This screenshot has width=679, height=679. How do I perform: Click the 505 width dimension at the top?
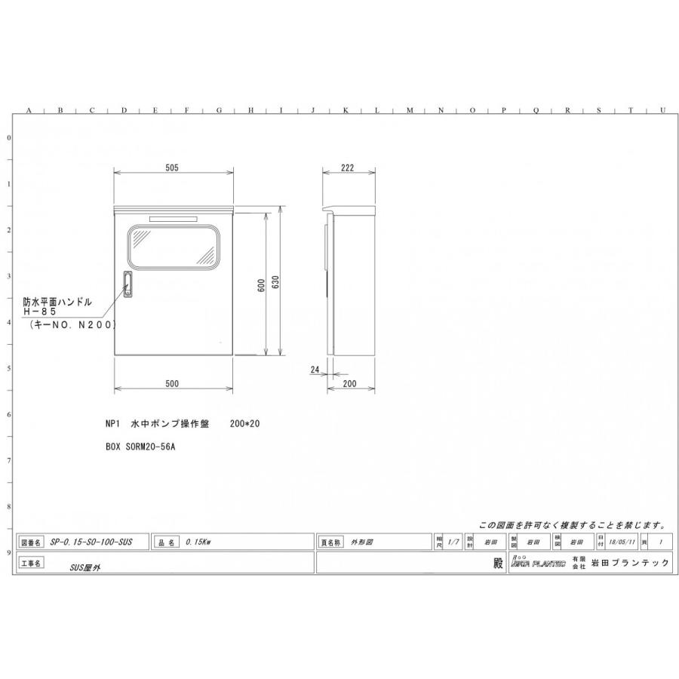[x=172, y=168]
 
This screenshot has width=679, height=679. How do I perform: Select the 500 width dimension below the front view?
[x=172, y=384]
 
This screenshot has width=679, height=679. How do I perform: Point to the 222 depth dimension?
[x=347, y=168]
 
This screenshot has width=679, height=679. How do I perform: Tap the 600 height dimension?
[x=260, y=285]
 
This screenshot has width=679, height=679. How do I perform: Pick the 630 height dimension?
[x=276, y=281]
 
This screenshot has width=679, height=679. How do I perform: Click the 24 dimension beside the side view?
[x=315, y=370]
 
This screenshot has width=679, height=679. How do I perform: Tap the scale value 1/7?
[x=453, y=542]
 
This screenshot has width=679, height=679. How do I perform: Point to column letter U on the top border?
[x=662, y=111]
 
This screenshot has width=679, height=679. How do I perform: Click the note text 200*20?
[x=244, y=424]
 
